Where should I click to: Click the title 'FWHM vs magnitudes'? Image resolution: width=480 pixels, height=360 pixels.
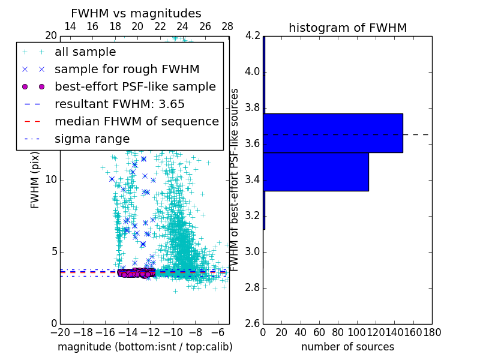[x=136, y=13]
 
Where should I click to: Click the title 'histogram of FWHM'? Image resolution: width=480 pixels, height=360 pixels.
[x=347, y=28]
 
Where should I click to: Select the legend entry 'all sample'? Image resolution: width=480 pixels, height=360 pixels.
[x=85, y=52]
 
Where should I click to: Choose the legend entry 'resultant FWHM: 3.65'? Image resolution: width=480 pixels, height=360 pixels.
[x=119, y=104]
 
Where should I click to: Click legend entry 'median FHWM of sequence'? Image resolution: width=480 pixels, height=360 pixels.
[x=136, y=121]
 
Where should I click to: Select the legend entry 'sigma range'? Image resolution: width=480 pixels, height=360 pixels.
[x=92, y=139]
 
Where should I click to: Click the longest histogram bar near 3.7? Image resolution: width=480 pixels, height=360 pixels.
[x=333, y=133]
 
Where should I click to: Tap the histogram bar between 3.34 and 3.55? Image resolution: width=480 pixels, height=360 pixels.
[x=316, y=172]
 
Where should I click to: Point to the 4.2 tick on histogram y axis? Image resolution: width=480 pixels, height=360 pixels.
[x=252, y=36]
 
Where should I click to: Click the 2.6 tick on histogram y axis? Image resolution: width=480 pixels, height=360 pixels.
[x=252, y=323]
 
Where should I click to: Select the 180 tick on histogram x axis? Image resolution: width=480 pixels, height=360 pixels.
[x=432, y=332]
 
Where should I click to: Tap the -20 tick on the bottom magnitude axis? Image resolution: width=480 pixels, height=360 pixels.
[x=60, y=332]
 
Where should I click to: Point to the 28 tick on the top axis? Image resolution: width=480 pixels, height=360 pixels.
[x=227, y=26]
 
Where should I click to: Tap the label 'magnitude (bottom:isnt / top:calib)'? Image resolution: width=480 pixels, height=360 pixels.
[x=145, y=347]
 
